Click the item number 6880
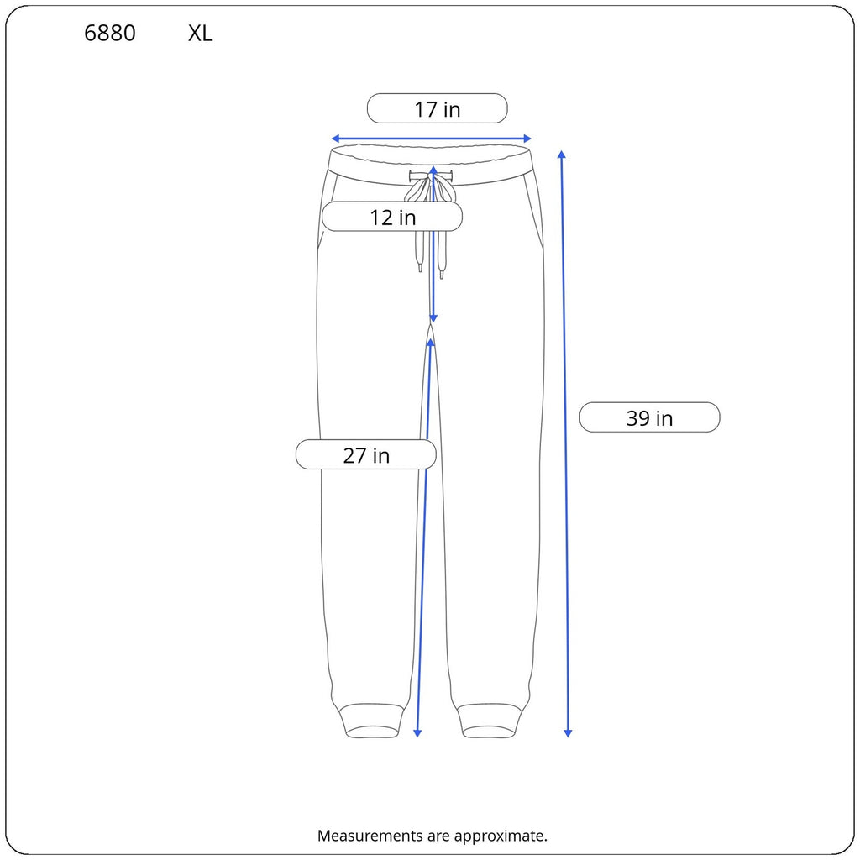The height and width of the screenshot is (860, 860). pos(110,34)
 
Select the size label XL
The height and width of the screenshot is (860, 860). pos(200,34)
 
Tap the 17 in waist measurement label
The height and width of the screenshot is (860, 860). pos(437,109)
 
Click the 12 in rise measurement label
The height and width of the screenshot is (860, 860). pos(393,218)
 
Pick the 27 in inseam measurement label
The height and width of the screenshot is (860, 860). pos(366,455)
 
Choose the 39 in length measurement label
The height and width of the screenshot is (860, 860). pos(649,418)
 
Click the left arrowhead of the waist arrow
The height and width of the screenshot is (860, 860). pos(335,139)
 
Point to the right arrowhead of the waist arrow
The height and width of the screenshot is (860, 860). pos(527,139)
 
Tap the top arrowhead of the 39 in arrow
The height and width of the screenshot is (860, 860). pos(562,155)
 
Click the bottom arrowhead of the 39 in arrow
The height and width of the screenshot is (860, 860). pos(568,733)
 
